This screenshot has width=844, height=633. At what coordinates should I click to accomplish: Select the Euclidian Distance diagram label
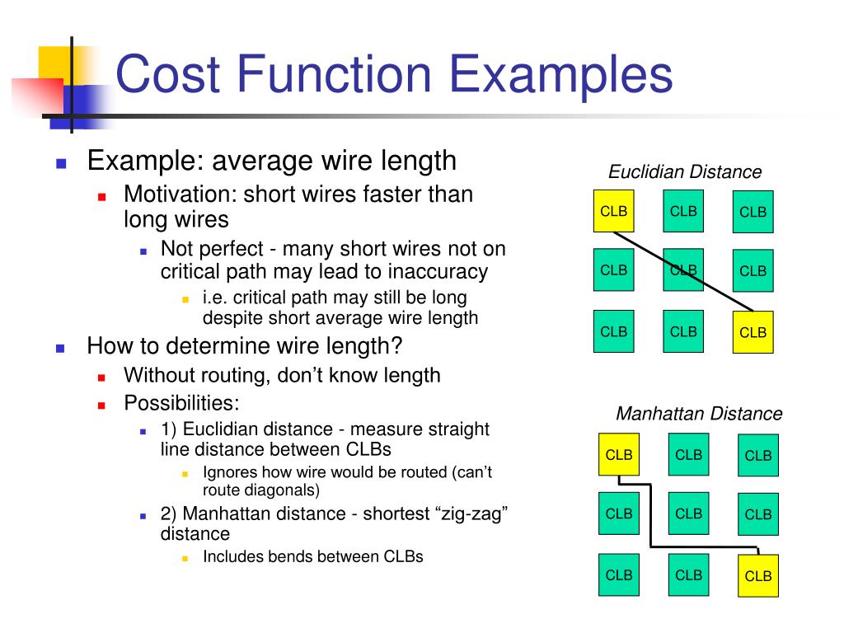685,172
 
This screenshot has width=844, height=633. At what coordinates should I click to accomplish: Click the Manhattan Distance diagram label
699,414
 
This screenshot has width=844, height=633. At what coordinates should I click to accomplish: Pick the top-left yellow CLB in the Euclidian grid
614,211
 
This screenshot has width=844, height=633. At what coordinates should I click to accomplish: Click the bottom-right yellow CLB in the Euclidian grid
753,332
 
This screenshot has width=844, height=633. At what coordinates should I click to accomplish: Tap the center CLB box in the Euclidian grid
683,270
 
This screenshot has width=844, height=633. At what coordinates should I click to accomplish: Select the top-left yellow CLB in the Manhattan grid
619,454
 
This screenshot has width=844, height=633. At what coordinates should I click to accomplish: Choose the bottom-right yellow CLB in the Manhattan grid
757,575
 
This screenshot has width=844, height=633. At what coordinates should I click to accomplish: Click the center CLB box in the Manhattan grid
688,513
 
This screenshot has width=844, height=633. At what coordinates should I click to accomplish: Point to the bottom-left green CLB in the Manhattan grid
619,574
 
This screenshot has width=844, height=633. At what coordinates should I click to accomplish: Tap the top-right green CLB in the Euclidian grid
753,212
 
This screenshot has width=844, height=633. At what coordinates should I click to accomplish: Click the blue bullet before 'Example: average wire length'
61,162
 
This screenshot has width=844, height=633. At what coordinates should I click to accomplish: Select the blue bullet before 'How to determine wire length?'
61,348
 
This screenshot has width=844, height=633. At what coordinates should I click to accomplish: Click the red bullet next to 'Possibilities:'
101,406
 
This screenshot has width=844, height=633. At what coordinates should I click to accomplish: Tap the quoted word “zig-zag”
470,513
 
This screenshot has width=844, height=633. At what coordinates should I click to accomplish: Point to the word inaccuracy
438,272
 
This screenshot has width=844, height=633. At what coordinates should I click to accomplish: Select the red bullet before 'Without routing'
101,377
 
